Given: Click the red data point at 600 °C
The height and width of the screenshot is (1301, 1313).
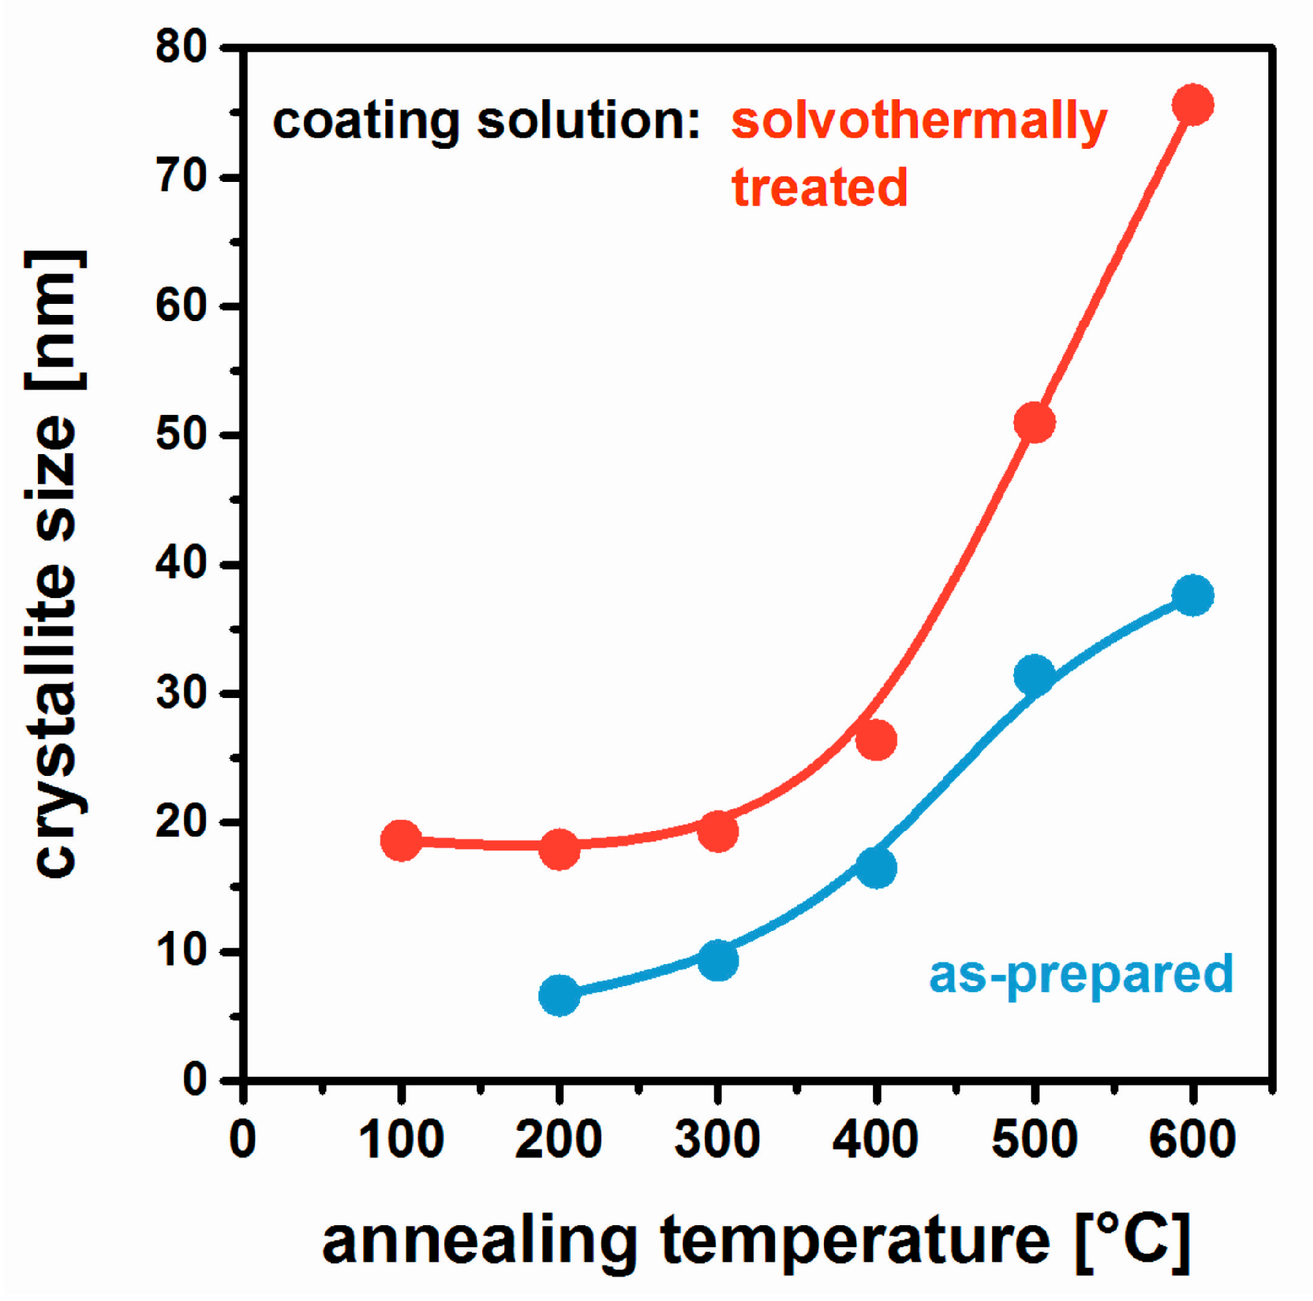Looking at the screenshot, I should click(x=1192, y=105).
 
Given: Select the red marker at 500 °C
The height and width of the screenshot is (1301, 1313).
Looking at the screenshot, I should click(x=1034, y=422).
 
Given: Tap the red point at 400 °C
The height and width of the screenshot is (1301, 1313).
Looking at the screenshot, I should click(x=876, y=740).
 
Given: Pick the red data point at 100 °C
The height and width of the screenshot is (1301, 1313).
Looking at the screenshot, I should click(x=401, y=839).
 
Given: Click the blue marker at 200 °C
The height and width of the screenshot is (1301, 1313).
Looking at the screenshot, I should click(x=559, y=995).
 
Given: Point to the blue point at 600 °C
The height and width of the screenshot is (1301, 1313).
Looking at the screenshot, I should click(x=1192, y=595).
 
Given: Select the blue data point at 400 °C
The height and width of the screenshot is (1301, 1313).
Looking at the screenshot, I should click(x=876, y=868).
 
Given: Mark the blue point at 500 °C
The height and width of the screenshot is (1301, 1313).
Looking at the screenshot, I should click(x=1034, y=674).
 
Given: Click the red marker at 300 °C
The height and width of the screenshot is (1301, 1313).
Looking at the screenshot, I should click(x=718, y=830).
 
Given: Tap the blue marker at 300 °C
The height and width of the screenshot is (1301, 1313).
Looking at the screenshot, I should click(x=718, y=960).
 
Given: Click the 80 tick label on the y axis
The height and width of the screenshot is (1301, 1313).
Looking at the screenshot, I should click(x=180, y=48).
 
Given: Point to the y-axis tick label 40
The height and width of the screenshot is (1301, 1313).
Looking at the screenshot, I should click(x=180, y=563).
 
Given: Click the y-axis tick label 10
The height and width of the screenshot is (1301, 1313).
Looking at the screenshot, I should click(x=180, y=950).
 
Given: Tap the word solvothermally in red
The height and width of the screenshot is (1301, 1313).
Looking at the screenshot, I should click(x=918, y=122).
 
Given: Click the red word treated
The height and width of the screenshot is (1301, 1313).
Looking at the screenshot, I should click(x=819, y=187).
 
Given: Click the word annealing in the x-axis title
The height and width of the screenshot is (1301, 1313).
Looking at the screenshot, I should click(x=479, y=1241).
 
